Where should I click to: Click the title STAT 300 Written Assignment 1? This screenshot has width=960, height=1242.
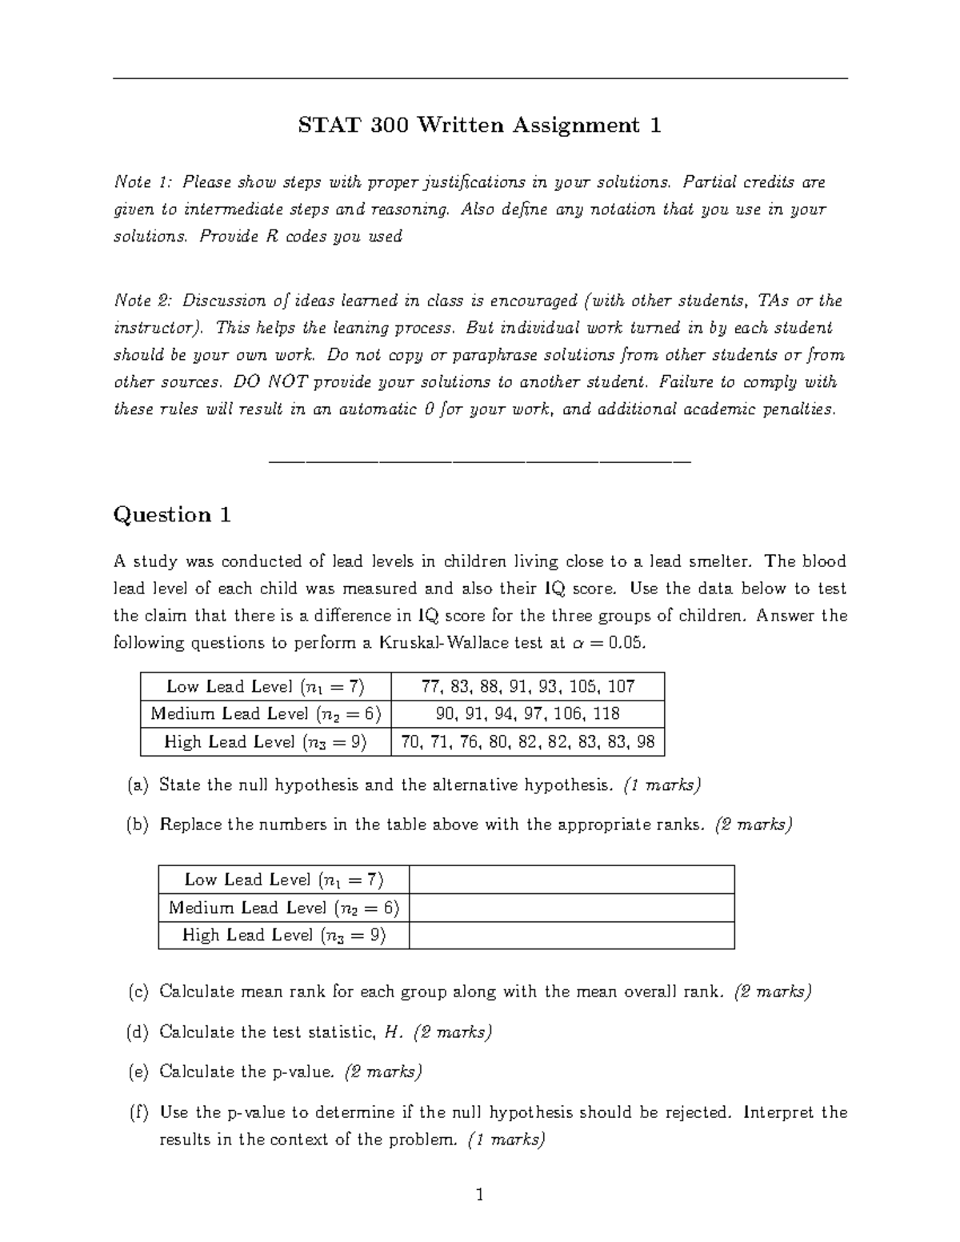pos(479,126)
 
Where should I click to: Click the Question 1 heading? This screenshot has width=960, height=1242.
pos(172,515)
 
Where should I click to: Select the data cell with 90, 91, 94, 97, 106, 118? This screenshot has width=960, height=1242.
pos(527,713)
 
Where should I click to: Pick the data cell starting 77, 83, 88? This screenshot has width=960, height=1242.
pos(527,686)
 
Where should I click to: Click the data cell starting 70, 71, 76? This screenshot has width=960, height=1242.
pos(527,741)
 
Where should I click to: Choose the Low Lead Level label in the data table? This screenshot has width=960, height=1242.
pos(265,686)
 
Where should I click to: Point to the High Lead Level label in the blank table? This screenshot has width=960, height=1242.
pos(283,935)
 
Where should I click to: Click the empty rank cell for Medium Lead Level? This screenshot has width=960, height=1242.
pos(571,908)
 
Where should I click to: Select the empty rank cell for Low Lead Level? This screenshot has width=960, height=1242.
pos(571,880)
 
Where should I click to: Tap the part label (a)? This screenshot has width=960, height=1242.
pos(138,785)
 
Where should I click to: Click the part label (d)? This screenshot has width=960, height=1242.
pos(138,1032)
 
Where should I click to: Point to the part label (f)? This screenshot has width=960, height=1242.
pos(138,1112)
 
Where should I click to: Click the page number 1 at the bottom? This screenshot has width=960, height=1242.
pos(480,1196)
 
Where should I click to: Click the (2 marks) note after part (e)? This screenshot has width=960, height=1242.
pos(382,1072)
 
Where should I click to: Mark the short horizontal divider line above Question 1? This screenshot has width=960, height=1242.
pos(480,461)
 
